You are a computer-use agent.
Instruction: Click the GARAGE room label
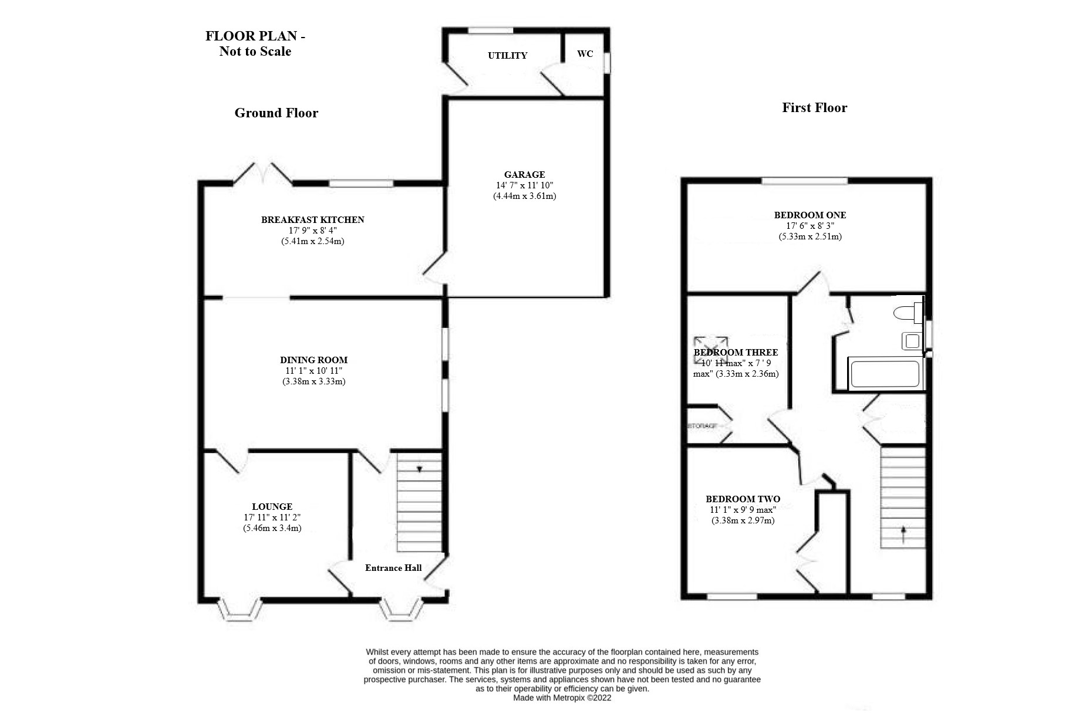(x=524, y=174)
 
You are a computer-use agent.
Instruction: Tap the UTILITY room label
(x=507, y=56)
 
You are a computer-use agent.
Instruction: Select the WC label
(x=585, y=54)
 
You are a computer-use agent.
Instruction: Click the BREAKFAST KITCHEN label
(x=312, y=219)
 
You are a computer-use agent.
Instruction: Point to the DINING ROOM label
(x=313, y=360)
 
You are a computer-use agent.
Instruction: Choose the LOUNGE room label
(x=272, y=506)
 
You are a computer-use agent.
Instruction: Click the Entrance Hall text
(x=393, y=567)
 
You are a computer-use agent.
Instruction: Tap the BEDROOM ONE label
(x=810, y=215)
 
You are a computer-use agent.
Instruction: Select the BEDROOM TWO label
(x=743, y=499)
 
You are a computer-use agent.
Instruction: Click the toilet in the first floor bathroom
(x=907, y=312)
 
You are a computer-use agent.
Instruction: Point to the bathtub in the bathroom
(x=885, y=374)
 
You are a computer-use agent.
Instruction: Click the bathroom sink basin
(x=912, y=341)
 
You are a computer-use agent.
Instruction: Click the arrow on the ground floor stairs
(x=420, y=469)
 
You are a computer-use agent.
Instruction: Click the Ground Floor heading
(x=276, y=113)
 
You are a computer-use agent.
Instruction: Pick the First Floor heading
(x=814, y=107)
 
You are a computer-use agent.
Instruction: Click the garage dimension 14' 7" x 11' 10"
(x=524, y=185)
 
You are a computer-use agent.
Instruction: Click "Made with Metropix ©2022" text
(x=562, y=698)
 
